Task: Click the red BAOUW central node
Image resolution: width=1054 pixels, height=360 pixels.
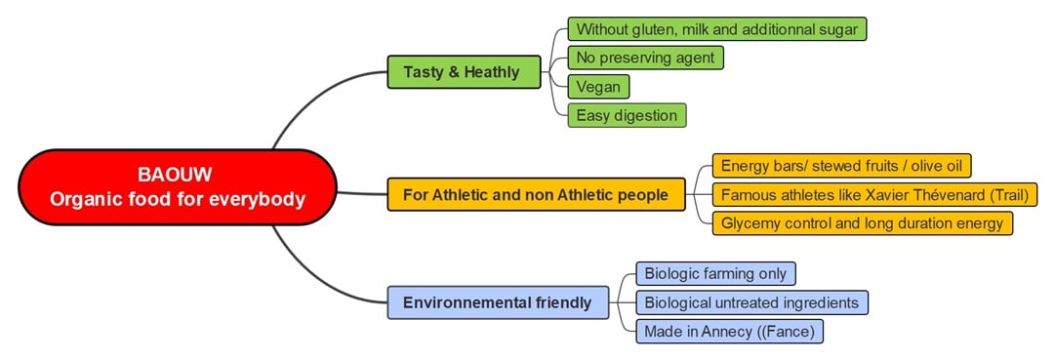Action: click(177, 187)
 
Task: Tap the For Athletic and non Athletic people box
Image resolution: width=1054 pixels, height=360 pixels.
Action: click(536, 194)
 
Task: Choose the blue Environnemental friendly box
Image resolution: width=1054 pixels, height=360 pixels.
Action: click(498, 301)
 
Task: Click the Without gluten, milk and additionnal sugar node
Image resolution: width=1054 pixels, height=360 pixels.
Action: click(716, 29)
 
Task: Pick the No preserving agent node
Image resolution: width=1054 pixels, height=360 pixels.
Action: click(645, 58)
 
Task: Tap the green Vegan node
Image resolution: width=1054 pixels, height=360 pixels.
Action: click(597, 86)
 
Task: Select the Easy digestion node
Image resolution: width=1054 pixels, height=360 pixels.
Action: click(627, 115)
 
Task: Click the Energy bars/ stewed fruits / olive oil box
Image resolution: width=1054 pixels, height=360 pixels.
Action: click(842, 166)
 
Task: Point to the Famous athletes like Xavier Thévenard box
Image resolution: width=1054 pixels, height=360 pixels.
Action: click(872, 194)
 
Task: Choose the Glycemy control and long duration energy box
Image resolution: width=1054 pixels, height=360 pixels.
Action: click(862, 223)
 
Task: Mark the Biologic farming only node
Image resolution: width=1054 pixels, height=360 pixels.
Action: click(715, 273)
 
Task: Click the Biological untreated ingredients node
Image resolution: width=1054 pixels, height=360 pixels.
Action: click(750, 302)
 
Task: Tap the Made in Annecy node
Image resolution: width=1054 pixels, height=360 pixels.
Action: click(729, 332)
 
